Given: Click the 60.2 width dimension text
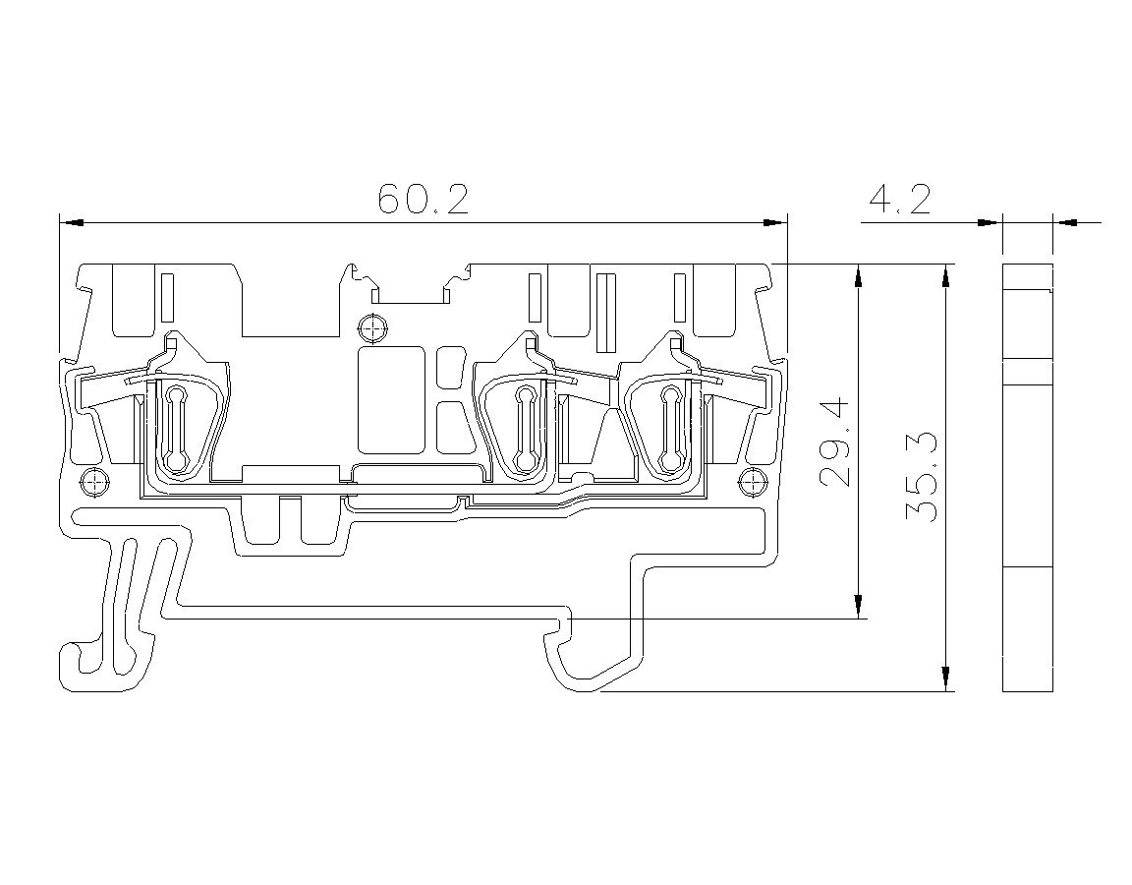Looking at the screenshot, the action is (424, 199).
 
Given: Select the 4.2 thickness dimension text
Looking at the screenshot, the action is (899, 199).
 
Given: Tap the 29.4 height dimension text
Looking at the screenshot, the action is (837, 442).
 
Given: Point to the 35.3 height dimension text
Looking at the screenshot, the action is (921, 477).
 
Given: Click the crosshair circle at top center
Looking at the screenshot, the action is (372, 328).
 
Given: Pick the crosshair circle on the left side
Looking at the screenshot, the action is (94, 482).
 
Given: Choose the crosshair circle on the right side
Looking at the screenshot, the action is (753, 482).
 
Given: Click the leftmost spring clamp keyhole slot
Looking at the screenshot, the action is (176, 429).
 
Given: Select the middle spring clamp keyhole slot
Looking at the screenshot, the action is (524, 429).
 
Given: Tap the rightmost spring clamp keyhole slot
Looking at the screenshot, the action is (671, 429).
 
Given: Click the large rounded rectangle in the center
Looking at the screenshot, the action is (391, 399).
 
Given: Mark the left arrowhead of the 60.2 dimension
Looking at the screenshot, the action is (72, 222).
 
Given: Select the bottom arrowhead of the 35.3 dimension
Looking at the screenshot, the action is (945, 678).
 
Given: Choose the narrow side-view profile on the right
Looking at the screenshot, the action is (1028, 478).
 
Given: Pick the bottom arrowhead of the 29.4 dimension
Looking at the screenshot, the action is (859, 607).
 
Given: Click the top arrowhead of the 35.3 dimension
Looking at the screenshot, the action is (945, 277).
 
